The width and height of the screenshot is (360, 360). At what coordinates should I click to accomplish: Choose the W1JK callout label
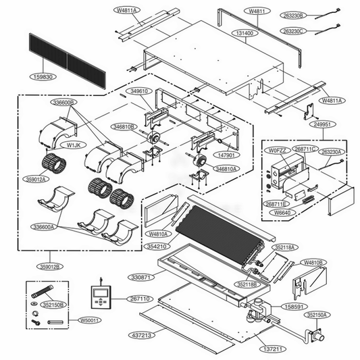click(72, 144)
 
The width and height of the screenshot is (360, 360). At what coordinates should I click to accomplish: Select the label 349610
click(139, 91)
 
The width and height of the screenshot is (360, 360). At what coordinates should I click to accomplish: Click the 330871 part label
click(143, 277)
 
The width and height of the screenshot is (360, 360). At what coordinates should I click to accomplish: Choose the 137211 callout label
click(272, 349)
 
